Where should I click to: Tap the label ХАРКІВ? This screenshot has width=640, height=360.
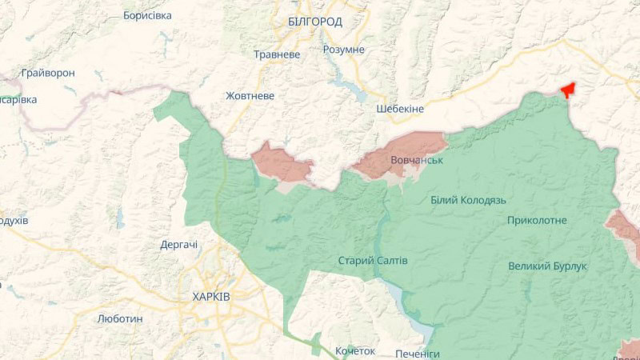coord(211,297)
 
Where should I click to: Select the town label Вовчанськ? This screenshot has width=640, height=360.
coord(417,160)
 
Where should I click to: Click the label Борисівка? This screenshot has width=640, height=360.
coord(147,15)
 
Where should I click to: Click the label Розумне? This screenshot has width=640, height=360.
coord(343,50)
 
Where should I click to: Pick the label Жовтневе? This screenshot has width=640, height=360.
coord(250,96)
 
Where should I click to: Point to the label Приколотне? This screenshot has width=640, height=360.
coord(537,220)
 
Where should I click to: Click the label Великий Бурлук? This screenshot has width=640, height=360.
coord(548,266)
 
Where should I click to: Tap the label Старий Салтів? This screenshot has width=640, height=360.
coord(373,261)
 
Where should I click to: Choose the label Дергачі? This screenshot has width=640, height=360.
coord(179,245)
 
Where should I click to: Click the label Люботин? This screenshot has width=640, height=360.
coord(120,318)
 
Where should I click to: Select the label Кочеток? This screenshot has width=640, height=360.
coord(355,351)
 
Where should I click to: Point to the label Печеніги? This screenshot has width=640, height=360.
coord(418,354)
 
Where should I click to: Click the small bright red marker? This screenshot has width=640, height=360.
coord(569,90)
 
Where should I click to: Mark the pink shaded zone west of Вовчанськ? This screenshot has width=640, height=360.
coord(282,163)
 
